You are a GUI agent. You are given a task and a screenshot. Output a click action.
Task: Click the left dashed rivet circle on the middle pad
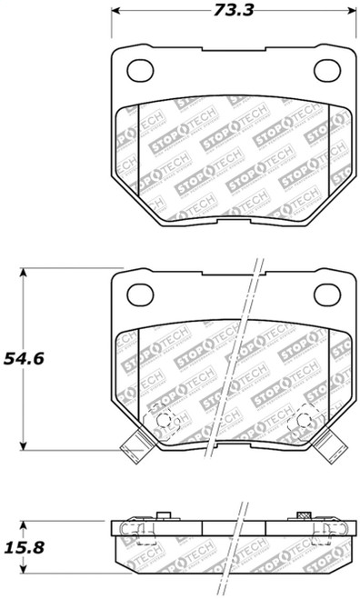[x=162, y=419]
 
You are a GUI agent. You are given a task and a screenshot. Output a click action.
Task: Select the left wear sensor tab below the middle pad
[x=131, y=446]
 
